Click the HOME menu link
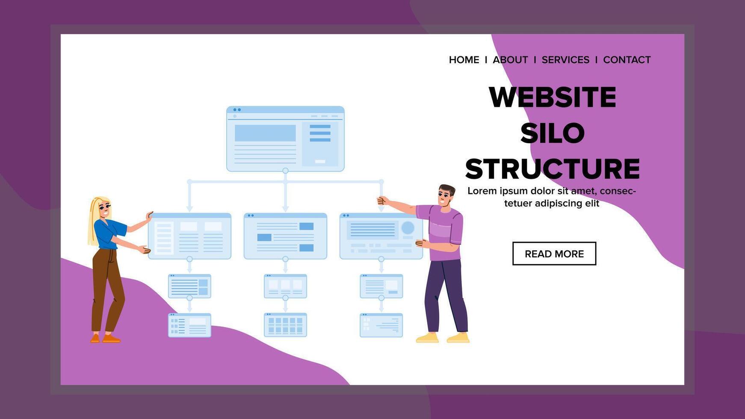[x=464, y=60]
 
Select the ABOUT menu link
[x=510, y=60]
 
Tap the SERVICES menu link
[x=565, y=60]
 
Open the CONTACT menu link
[x=627, y=60]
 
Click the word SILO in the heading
[x=553, y=133]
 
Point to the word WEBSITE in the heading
[x=553, y=97]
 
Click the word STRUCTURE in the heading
[x=553, y=169]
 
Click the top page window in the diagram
[x=285, y=139]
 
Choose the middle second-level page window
[x=285, y=236]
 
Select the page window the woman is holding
[x=189, y=236]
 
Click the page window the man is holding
[x=381, y=236]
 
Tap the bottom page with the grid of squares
[x=285, y=325]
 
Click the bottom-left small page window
[x=189, y=325]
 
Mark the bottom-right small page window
[x=381, y=325]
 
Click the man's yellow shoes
[x=443, y=337]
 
